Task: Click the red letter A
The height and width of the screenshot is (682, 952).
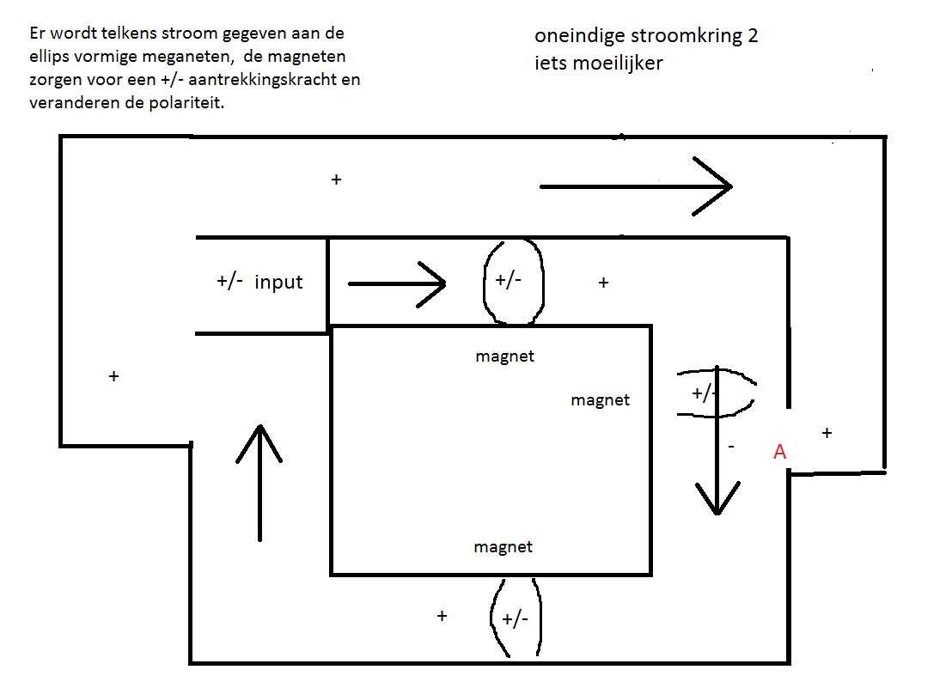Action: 780,452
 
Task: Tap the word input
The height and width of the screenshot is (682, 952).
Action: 278,282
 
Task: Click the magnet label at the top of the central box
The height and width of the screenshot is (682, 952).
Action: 504,356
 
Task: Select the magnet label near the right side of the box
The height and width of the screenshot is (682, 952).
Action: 600,400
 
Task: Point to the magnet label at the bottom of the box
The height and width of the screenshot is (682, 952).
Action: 503,546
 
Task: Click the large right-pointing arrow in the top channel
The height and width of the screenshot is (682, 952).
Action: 636,186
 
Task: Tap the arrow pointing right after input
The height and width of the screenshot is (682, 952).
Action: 397,284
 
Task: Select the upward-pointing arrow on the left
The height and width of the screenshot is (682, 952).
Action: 259,483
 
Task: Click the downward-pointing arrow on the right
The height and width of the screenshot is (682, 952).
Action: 717,440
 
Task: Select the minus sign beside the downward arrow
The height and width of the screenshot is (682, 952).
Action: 731,447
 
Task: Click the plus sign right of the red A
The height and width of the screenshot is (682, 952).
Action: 827,433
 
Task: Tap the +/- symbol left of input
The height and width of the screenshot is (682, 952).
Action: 230,282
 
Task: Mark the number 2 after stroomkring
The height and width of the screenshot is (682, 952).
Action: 753,36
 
